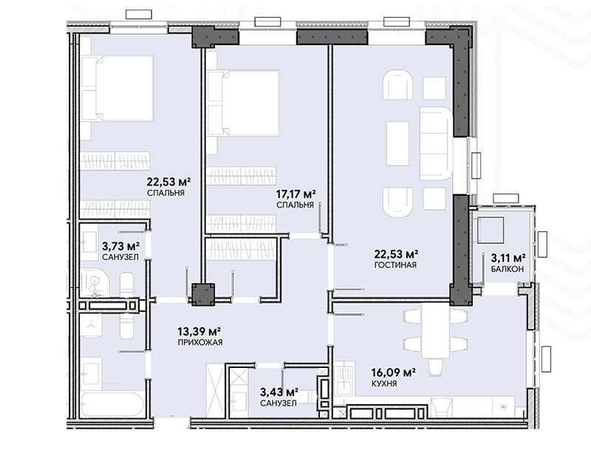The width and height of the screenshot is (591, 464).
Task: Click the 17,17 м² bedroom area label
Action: tap(296, 194)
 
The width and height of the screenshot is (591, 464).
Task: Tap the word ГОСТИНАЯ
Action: tap(395, 265)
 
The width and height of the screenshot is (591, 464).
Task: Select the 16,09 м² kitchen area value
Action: tap(393, 373)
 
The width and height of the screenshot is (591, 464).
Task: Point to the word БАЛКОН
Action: tap(507, 269)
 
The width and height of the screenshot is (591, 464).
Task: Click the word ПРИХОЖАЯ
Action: tap(200, 342)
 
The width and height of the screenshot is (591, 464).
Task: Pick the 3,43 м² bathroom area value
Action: tap(279, 392)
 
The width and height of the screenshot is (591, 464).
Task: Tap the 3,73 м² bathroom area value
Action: tap(121, 247)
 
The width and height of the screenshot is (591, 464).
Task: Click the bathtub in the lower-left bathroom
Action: tap(113, 404)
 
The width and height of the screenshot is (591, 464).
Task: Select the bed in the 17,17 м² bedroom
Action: tap(243, 103)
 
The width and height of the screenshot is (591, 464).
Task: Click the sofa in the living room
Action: tap(436, 143)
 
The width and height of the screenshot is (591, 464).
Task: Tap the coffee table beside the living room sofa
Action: tap(397, 143)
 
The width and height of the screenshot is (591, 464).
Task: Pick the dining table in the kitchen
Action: tap(436, 330)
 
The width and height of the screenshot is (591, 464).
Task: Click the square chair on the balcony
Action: tap(491, 230)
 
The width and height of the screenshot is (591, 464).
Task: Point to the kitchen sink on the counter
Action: tap(344, 378)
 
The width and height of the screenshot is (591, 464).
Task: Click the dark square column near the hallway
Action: tap(203, 294)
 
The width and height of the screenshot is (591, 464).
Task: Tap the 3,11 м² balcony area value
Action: tap(508, 258)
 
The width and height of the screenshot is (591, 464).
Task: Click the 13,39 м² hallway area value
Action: tap(199, 332)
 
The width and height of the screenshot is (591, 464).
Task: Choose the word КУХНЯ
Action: tap(384, 383)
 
